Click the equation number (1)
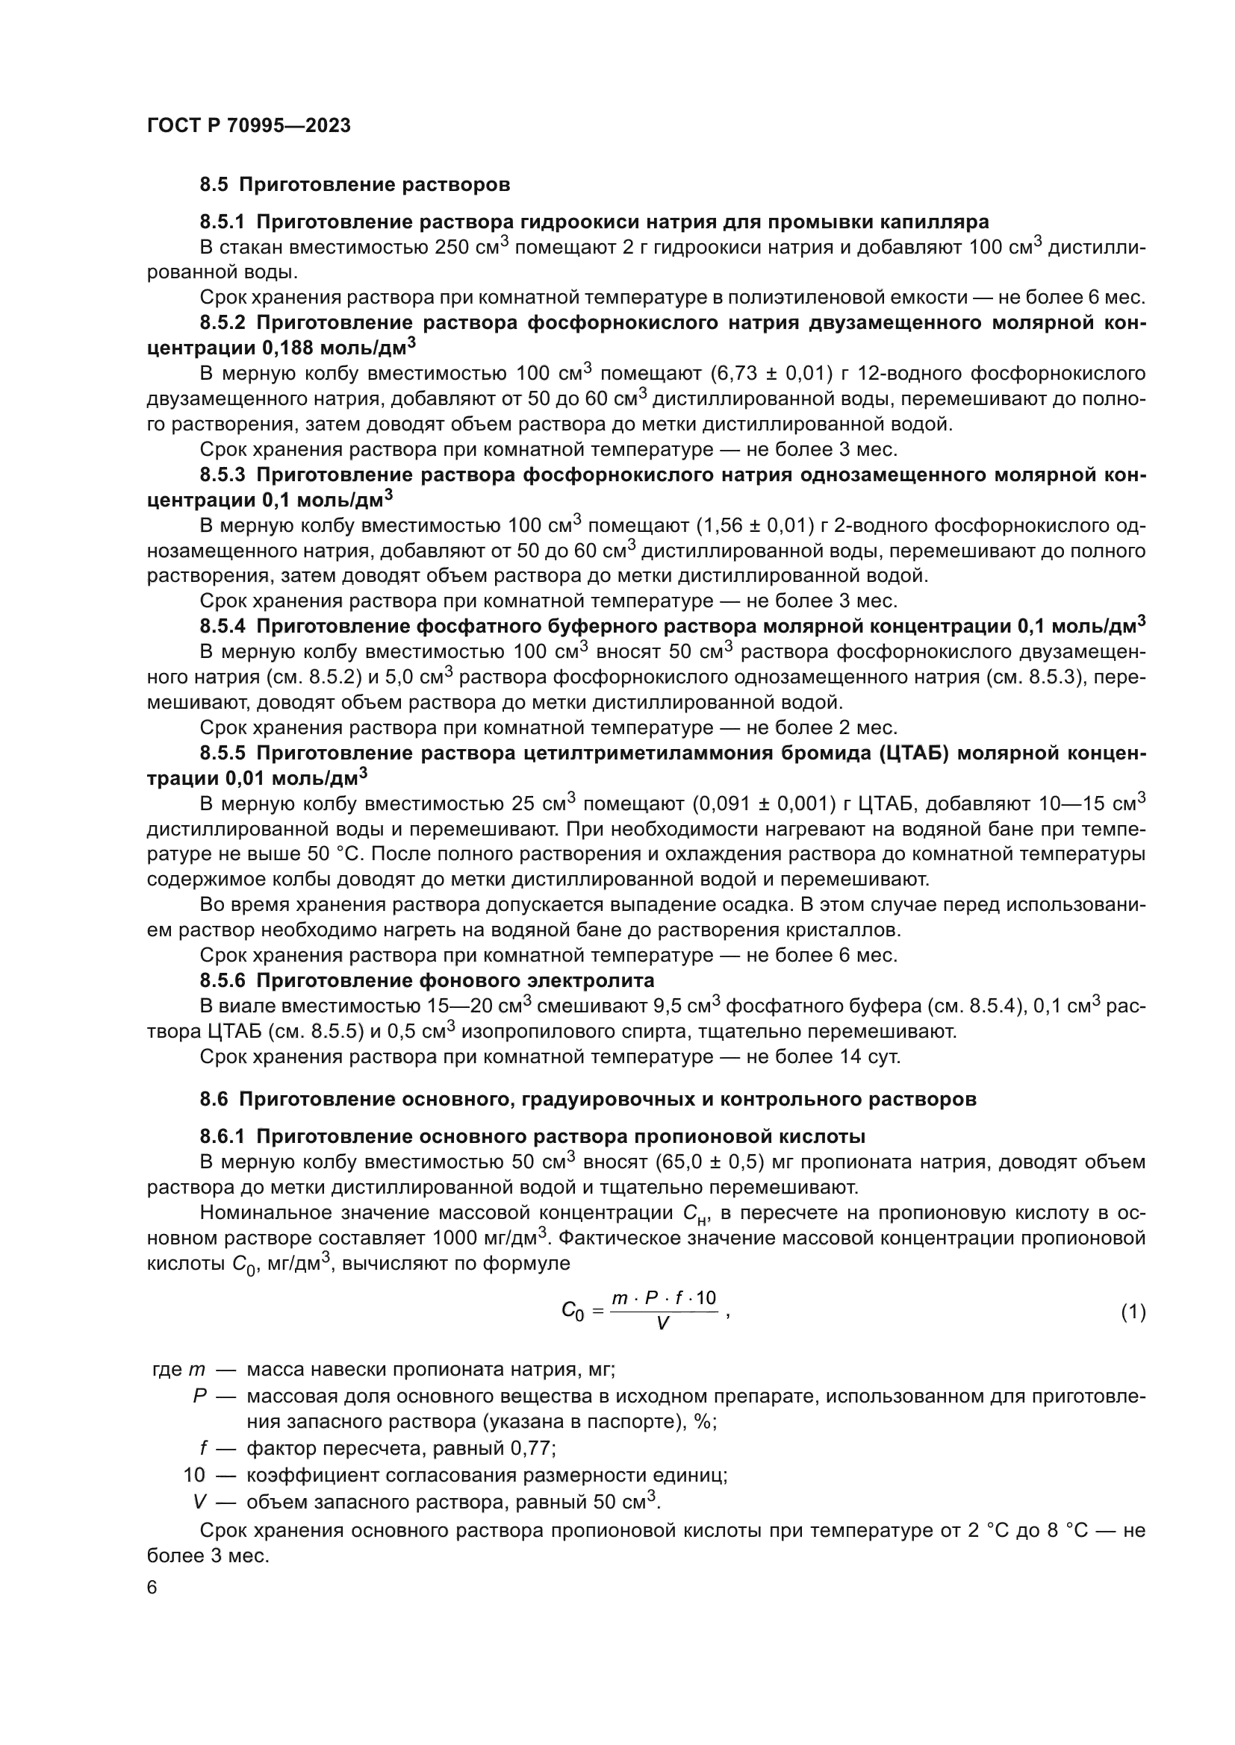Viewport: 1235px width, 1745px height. coord(1133,1311)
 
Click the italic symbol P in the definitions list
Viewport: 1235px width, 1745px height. coord(201,1396)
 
